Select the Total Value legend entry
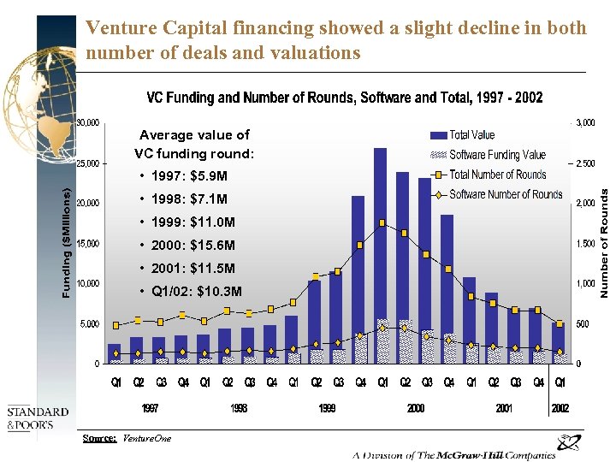click(x=471, y=135)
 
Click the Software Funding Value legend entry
click(x=496, y=155)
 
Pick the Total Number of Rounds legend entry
click(x=496, y=175)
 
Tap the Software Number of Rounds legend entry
click(x=505, y=194)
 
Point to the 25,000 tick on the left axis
click(x=89, y=163)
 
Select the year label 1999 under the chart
click(x=327, y=408)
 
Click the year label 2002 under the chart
click(x=560, y=408)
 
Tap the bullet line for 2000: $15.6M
click(x=192, y=246)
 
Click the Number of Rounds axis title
click(x=604, y=244)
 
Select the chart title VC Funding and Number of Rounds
click(x=345, y=98)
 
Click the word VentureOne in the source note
click(x=146, y=439)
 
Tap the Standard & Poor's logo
click(x=31, y=418)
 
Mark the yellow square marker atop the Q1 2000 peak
click(x=382, y=223)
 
